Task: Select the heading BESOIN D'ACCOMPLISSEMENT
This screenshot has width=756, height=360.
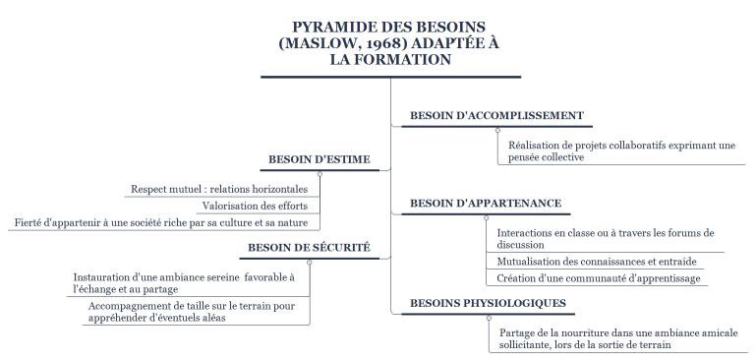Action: [x=496, y=115]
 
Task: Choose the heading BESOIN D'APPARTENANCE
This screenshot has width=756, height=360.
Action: [x=485, y=204]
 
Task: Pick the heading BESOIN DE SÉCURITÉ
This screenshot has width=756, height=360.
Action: [x=309, y=247]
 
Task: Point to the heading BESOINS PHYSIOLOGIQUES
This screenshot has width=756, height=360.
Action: [x=488, y=302]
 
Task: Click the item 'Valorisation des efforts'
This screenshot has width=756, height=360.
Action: [x=255, y=206]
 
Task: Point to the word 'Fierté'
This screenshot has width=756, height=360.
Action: [x=30, y=222]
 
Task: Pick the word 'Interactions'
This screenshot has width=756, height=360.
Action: [x=529, y=233]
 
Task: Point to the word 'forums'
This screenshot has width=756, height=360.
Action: [x=675, y=233]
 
